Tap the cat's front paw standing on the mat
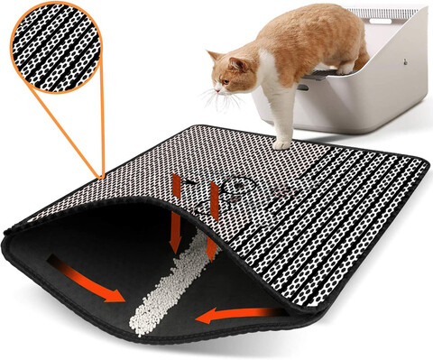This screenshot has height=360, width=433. [282, 143]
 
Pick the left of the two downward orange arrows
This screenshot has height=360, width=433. [175, 213]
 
